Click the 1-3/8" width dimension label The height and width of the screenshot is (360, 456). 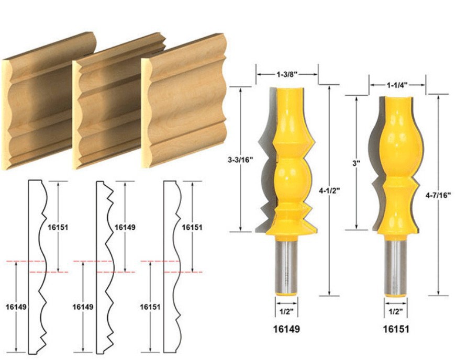pyautogui.click(x=286, y=75)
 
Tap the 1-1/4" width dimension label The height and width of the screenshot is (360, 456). pyautogui.click(x=397, y=85)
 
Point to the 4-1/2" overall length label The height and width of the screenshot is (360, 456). pyautogui.click(x=329, y=191)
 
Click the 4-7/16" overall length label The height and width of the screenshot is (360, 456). pyautogui.click(x=438, y=196)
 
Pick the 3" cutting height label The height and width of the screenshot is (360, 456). pyautogui.click(x=356, y=163)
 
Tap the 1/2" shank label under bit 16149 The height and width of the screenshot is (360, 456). pyautogui.click(x=286, y=312)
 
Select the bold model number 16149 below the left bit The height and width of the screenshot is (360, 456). pyautogui.click(x=286, y=329)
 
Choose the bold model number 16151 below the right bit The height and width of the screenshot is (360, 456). pyautogui.click(x=396, y=329)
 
